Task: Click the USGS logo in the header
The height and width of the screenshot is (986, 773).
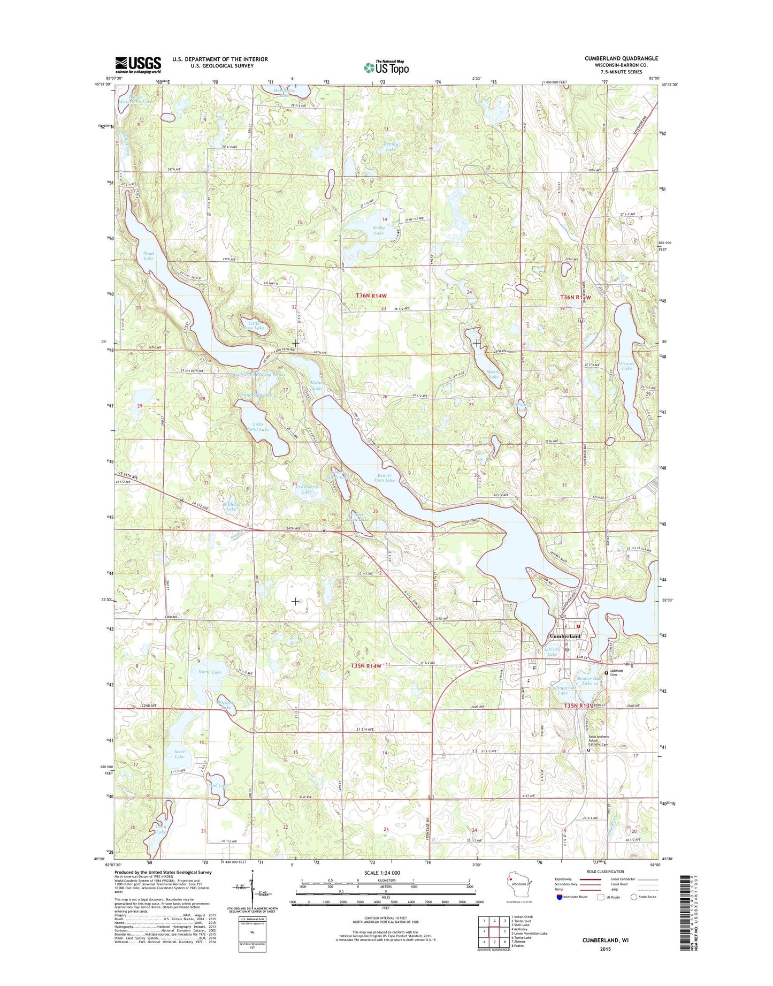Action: click(x=137, y=65)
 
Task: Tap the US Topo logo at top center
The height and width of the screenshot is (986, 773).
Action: click(x=386, y=67)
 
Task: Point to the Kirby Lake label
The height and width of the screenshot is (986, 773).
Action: click(x=379, y=230)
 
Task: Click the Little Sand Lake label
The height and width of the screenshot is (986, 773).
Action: click(x=258, y=427)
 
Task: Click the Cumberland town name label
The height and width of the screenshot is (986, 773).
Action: click(x=565, y=636)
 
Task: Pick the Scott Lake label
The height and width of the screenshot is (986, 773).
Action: click(x=179, y=754)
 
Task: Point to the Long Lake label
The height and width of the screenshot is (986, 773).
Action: click(x=160, y=829)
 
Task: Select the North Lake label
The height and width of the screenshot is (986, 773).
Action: click(x=210, y=672)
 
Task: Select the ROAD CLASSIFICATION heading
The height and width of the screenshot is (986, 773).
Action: click(x=606, y=871)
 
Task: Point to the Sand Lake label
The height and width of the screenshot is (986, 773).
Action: click(x=148, y=255)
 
